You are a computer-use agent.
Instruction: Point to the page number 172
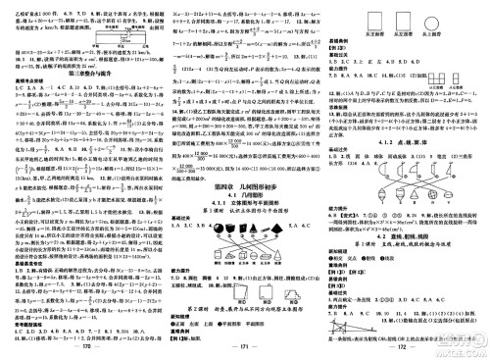point(405,346)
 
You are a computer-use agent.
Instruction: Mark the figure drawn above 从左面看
point(395,20)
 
